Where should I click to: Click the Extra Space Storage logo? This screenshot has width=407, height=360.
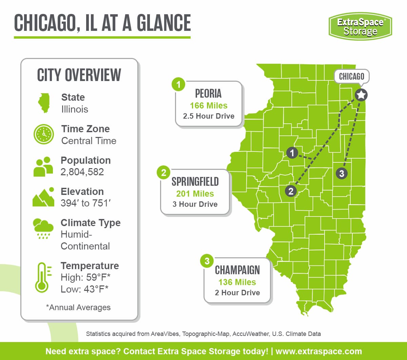pos(360,26)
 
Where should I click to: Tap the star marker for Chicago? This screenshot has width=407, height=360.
pos(361,95)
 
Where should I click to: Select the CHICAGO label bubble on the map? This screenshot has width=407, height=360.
pos(351,77)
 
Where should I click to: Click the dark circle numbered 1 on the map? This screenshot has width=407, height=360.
pos(292,153)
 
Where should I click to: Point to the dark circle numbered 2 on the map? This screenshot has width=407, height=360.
pos(291,191)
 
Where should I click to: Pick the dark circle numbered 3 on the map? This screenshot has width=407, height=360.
pos(342,173)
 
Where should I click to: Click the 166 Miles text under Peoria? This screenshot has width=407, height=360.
pos(209,105)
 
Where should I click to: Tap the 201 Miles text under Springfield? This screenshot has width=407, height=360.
pos(195,194)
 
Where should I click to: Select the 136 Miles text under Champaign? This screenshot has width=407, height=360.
pos(237,282)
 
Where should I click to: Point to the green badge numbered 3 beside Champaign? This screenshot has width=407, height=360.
pos(207,261)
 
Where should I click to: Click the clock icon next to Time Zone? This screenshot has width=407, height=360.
pos(44,134)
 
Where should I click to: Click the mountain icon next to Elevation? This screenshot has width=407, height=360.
pos(43,197)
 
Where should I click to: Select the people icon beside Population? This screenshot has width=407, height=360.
pos(43,166)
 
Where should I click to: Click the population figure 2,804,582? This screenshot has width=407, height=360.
pos(82,172)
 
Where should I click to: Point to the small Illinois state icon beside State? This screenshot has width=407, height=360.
pos(44,103)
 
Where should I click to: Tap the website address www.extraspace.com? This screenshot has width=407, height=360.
pos(318,351)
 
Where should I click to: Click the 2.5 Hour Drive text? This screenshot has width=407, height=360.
pos(209,116)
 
